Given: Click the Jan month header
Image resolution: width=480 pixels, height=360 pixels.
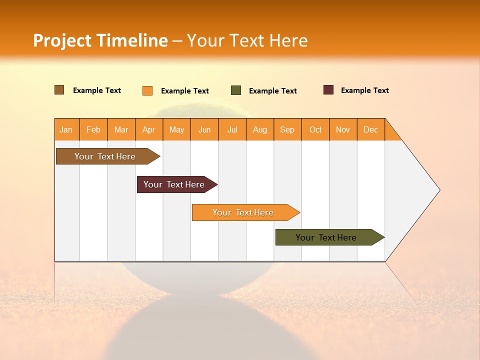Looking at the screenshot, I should pos(66,129).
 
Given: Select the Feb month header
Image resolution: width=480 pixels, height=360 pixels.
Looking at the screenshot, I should pos(93,129).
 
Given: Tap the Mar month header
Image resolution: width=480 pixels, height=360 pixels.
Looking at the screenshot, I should pos(121,129).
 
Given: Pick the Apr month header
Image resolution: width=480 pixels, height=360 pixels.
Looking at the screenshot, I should pos(149,129).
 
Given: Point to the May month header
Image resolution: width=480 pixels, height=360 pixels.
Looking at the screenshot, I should pos(176,129).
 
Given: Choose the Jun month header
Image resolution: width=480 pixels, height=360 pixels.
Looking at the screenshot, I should pos(204,129).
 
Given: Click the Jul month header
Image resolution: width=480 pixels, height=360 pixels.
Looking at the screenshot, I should pos(232,129).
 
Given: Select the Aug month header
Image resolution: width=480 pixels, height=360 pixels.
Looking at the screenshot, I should pos(260,129).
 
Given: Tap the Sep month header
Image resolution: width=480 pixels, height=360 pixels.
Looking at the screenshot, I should pos(287,129).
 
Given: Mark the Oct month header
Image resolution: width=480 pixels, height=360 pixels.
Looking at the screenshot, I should pos(315,129).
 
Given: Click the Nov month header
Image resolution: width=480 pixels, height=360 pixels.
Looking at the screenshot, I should pos(343,129).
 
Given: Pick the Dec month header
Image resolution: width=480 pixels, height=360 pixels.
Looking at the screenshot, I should pos(371,129).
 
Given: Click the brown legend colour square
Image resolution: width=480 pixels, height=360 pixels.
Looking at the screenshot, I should pos(59,90).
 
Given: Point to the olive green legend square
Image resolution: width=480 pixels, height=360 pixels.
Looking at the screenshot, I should pos(236,90).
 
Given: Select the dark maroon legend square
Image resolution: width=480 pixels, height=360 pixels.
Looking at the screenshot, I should pos(328,90).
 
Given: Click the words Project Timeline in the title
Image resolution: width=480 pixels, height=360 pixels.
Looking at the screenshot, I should pos(100,40).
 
